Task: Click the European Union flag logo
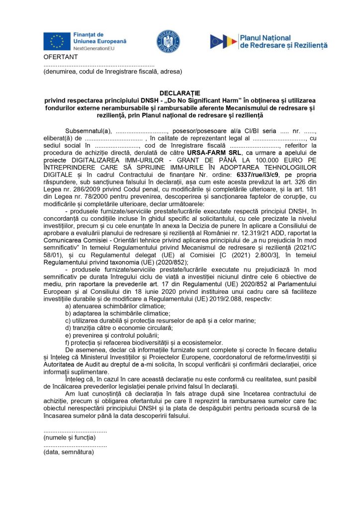coord(57,40)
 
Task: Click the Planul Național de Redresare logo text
coord(283,41)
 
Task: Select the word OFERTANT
coord(58,58)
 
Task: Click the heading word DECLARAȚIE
coord(180,93)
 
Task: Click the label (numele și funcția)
coord(69,437)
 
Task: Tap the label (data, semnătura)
coord(69,452)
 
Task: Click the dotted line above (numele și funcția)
coord(75,430)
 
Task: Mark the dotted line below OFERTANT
coord(99,65)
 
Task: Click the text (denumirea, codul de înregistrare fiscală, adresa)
coord(112,72)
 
